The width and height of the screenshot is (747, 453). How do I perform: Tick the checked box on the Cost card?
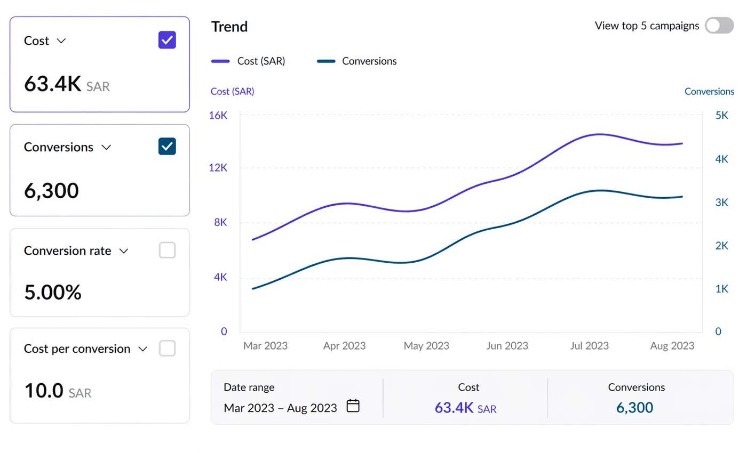click(167, 40)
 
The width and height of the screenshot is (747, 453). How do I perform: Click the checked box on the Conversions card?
click(167, 146)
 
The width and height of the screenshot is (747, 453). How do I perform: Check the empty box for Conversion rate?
click(167, 250)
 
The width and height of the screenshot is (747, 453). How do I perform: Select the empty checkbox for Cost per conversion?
click(167, 349)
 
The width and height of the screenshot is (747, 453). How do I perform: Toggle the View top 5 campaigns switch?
click(719, 26)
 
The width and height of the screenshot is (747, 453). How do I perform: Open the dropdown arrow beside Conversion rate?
click(124, 251)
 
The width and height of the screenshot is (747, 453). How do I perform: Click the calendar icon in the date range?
click(353, 406)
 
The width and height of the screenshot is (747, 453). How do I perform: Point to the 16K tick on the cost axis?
click(218, 115)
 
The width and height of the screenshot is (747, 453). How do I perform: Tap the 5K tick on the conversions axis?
click(721, 115)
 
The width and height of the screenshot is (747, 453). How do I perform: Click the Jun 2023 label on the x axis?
click(507, 346)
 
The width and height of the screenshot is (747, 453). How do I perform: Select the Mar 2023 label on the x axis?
click(266, 346)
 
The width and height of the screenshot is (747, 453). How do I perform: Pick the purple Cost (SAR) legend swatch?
click(220, 61)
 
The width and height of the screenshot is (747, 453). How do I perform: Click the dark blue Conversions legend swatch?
click(326, 61)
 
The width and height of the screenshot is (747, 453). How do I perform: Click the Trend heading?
click(229, 27)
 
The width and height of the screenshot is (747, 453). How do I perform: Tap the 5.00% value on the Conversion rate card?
click(53, 293)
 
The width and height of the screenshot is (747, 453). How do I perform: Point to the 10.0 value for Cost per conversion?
click(44, 390)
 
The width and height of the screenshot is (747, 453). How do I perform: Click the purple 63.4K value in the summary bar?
click(454, 408)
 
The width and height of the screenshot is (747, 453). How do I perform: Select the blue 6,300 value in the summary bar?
click(634, 408)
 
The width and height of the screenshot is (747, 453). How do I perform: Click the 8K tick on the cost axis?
click(220, 222)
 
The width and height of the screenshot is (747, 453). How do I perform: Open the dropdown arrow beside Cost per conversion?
click(143, 349)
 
